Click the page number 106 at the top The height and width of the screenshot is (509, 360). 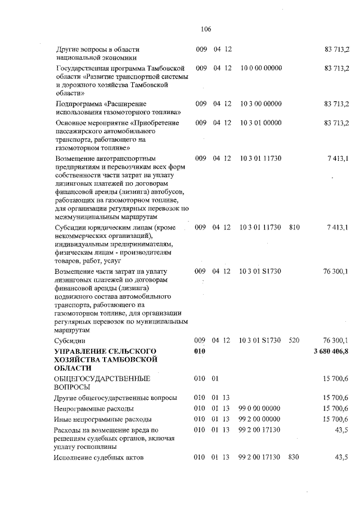click(x=205, y=29)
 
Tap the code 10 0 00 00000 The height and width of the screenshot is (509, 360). click(x=261, y=68)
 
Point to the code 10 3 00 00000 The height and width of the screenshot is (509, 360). click(x=261, y=104)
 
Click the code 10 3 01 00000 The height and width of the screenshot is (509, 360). click(x=261, y=123)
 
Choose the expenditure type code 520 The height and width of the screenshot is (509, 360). click(x=294, y=340)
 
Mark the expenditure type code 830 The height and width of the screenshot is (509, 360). click(x=294, y=457)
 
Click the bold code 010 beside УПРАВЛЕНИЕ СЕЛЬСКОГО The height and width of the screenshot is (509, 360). click(x=201, y=352)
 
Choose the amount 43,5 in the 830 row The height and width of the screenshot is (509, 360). click(x=341, y=457)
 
